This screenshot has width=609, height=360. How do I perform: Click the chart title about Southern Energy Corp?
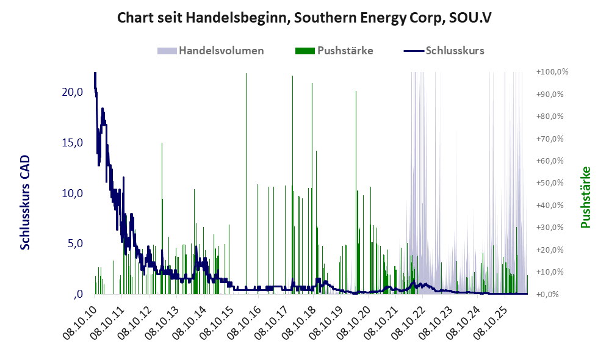(304, 18)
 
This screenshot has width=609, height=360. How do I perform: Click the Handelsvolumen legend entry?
(211, 51)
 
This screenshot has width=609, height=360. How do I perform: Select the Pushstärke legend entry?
(334, 51)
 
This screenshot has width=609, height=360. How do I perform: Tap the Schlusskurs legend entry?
(444, 51)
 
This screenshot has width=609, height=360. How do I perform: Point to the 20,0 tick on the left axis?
(73, 92)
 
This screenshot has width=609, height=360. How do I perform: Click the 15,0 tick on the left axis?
(73, 143)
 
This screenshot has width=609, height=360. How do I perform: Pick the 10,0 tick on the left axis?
(73, 193)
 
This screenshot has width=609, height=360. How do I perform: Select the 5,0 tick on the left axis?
(75, 243)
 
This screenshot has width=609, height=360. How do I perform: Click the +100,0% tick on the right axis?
(552, 72)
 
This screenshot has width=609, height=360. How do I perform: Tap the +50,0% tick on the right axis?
(550, 183)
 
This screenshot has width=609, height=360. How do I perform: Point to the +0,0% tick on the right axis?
(547, 294)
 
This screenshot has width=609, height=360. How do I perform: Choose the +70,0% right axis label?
(550, 139)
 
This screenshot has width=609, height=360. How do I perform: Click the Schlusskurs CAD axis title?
(25, 203)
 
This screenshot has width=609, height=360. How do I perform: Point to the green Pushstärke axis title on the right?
(585, 197)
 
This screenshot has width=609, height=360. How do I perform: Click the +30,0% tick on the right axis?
(550, 227)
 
